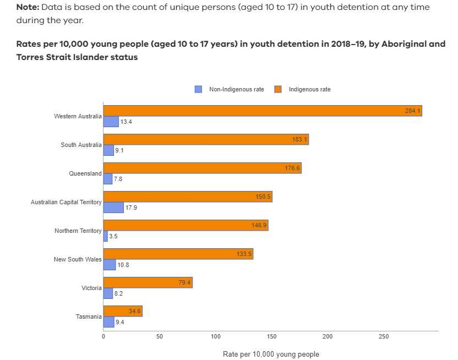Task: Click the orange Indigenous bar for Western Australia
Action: tap(262, 111)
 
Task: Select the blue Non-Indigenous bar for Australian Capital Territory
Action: tap(113, 208)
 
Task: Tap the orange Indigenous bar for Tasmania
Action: tap(123, 311)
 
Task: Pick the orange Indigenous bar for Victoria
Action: tap(148, 282)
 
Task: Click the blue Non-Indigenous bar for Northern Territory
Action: tap(106, 236)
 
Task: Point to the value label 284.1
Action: tap(412, 111)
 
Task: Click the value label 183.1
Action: tap(299, 140)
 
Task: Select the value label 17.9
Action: tap(131, 208)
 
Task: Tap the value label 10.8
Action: tap(123, 265)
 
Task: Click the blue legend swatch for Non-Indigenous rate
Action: tap(198, 89)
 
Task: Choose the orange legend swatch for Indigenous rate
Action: tap(278, 89)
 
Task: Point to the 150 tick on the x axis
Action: tap(271, 336)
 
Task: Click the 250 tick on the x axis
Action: tap(383, 336)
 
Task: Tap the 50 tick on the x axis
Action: tap(159, 336)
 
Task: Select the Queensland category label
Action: tap(85, 173)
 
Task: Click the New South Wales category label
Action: tap(78, 259)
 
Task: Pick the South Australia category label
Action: tap(81, 145)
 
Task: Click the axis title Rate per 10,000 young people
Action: tap(270, 354)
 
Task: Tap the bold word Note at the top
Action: tap(28, 7)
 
